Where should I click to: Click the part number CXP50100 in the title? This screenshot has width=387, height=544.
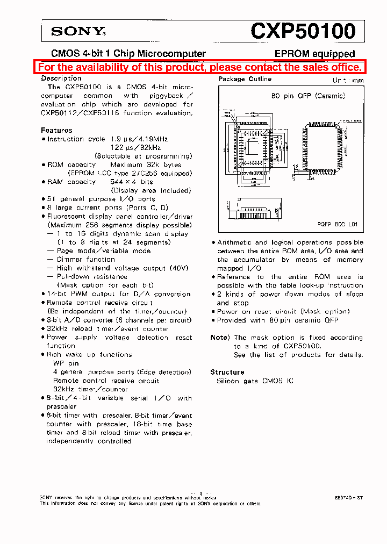point(303,31)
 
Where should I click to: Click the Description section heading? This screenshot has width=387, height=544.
point(61,78)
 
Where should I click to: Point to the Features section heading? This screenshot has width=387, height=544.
point(56,130)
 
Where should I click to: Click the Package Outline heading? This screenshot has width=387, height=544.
point(245,79)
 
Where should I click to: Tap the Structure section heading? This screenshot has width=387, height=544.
point(227,372)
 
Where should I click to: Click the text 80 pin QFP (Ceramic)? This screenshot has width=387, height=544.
point(307,96)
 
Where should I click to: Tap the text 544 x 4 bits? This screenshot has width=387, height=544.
point(132,182)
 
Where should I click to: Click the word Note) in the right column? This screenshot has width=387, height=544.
point(220,338)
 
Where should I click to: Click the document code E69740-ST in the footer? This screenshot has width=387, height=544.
point(348,498)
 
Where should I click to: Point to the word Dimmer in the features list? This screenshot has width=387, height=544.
point(71,259)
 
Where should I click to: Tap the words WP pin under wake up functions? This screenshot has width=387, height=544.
point(66,363)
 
